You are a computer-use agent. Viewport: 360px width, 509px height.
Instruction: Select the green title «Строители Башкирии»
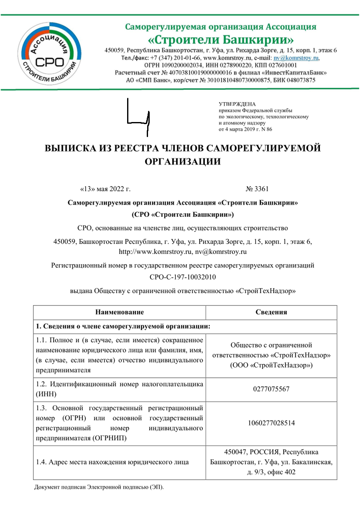(x=220, y=40)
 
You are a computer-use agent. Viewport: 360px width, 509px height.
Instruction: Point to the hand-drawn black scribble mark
(x=138, y=117)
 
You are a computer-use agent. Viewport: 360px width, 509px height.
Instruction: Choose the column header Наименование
(x=119, y=312)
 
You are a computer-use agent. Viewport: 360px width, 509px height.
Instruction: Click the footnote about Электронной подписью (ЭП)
(x=99, y=487)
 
